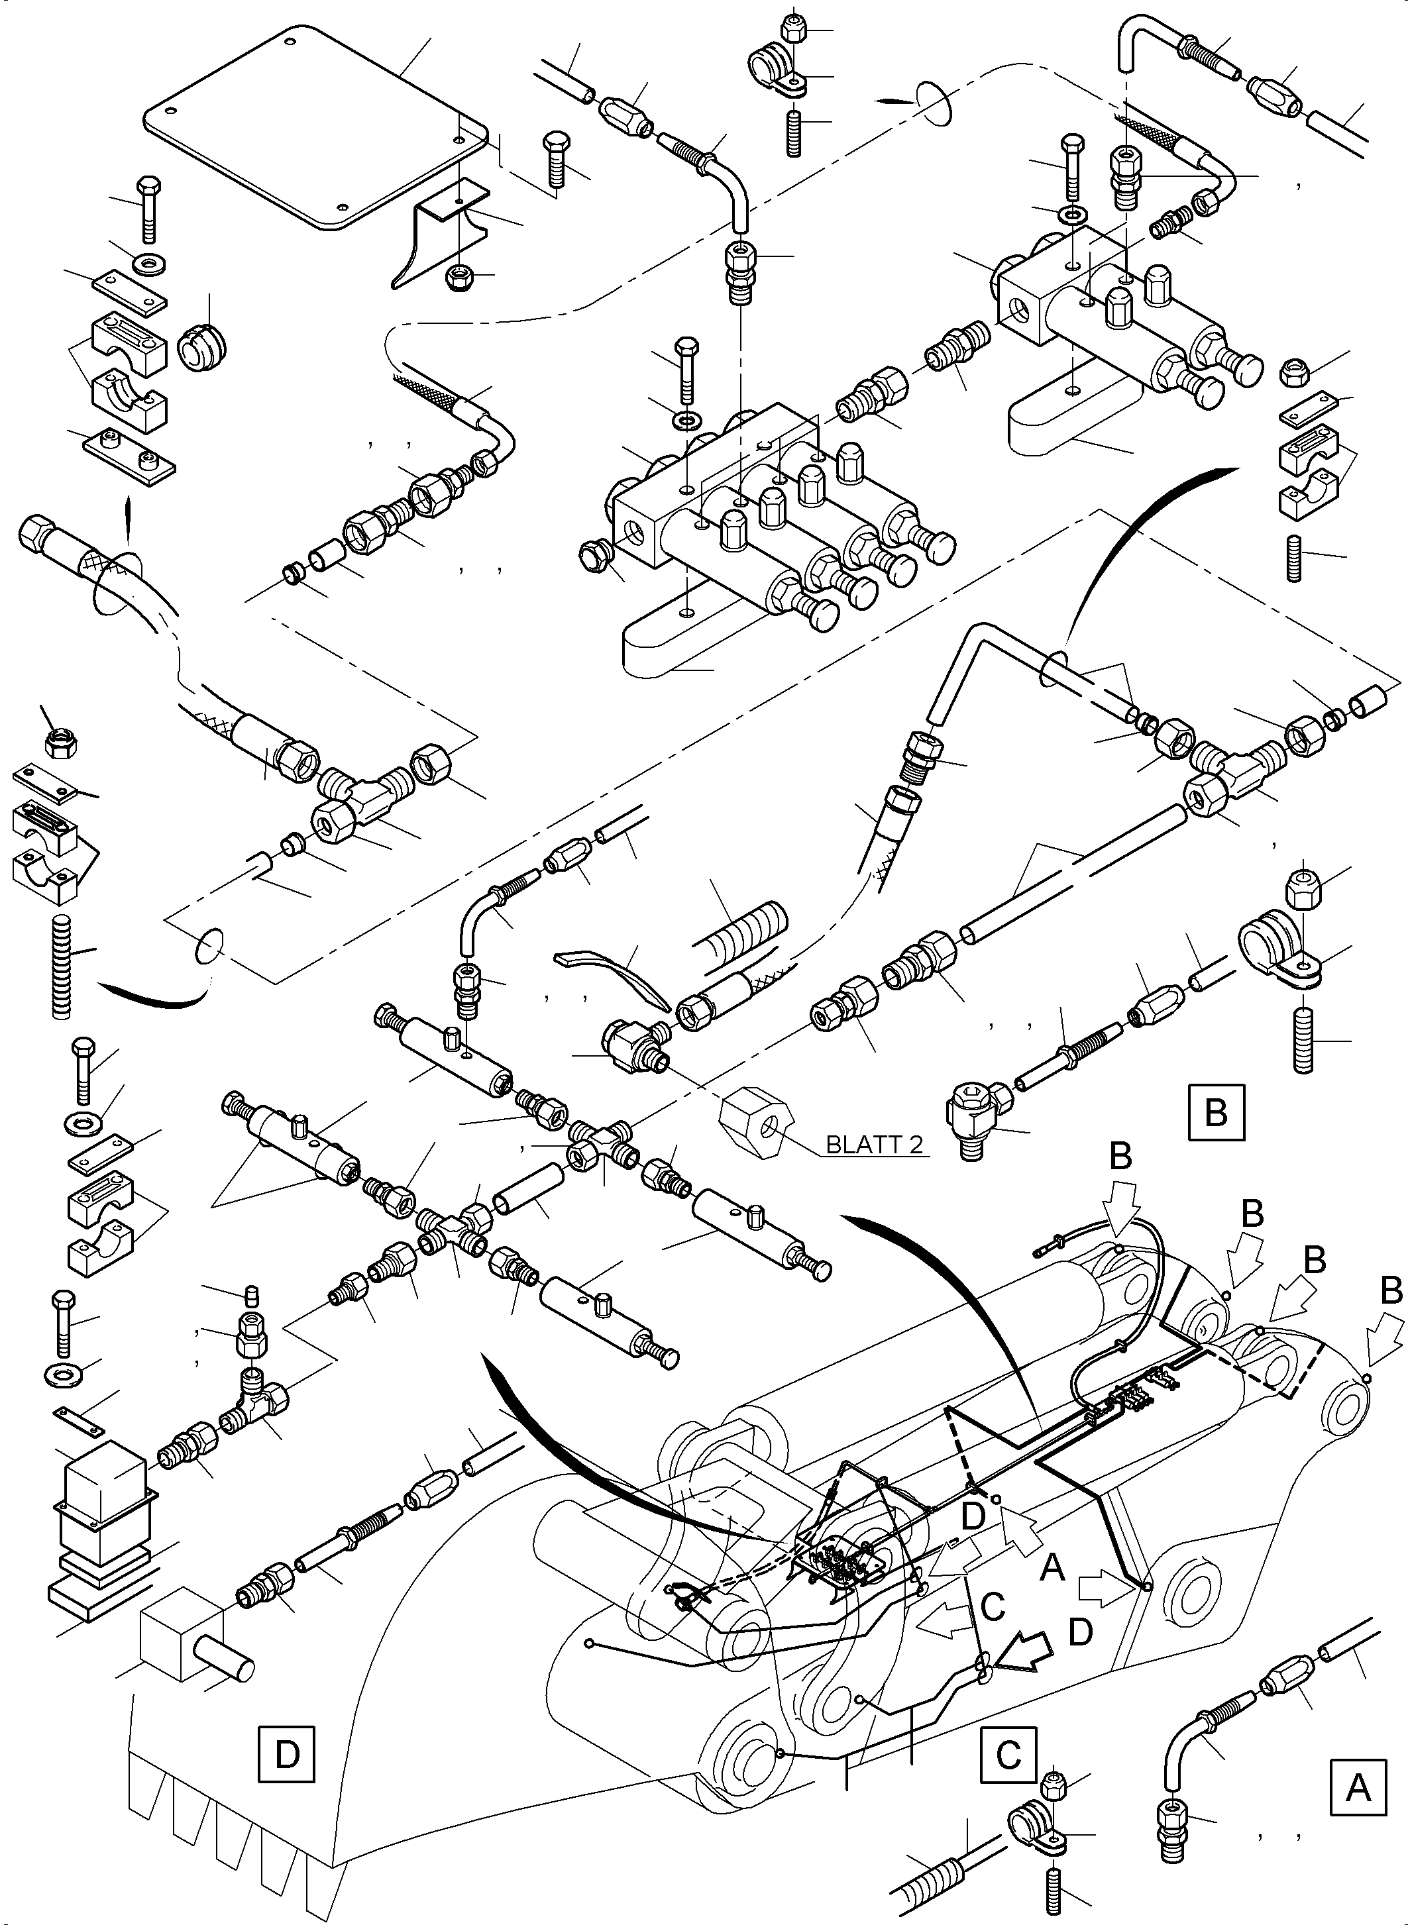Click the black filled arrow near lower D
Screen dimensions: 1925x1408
[x=1023, y=1654]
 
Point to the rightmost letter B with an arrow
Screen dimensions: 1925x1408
[x=1391, y=1291]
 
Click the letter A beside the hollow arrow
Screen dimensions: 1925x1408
[x=1053, y=1565]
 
